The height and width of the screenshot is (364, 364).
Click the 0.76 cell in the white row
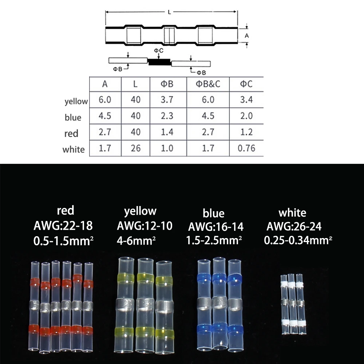(246, 148)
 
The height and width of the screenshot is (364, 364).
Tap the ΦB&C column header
(208, 84)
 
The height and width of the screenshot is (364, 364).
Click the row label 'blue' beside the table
(73, 118)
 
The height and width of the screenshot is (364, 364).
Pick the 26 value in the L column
(135, 148)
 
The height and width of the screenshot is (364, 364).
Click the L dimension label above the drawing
(170, 12)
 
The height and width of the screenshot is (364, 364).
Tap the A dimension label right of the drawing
(246, 36)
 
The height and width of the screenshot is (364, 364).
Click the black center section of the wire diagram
(159, 62)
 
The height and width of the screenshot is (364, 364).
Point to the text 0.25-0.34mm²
(298, 240)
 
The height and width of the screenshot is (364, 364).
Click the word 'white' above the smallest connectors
(292, 213)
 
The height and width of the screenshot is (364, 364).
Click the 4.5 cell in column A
(105, 116)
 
